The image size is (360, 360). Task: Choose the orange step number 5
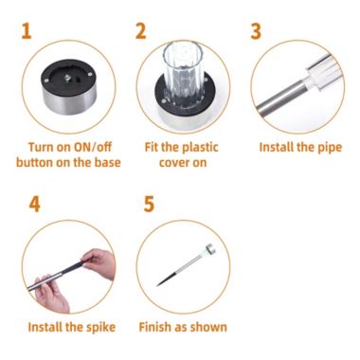click(149, 204)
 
